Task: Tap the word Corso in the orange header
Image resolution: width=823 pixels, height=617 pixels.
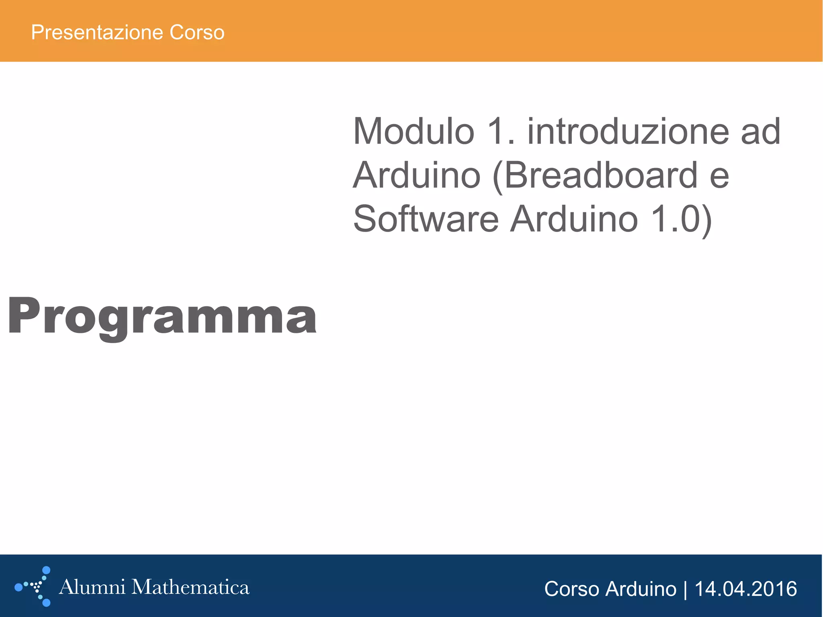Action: tap(197, 33)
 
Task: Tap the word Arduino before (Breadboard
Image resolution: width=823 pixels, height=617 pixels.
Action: tap(417, 175)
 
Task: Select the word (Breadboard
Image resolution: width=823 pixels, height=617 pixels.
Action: tap(595, 175)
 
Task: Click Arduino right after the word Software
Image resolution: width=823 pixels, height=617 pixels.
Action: tap(574, 219)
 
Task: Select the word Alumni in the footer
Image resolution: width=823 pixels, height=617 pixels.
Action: tap(92, 587)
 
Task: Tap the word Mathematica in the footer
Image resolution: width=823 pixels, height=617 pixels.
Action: tap(190, 587)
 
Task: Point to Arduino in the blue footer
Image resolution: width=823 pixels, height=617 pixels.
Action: tap(641, 589)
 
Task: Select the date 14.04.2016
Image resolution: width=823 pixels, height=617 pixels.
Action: tap(745, 589)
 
